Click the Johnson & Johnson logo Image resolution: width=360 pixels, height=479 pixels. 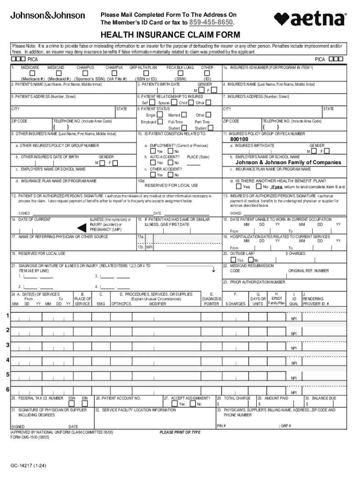point(48,15)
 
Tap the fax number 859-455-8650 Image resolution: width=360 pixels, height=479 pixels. point(211,22)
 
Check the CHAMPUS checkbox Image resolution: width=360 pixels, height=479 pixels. point(85,73)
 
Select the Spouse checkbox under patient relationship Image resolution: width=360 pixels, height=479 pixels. point(173,102)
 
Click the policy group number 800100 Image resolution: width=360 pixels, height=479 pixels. point(239,139)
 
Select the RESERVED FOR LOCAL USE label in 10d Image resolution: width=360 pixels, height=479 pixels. point(178,185)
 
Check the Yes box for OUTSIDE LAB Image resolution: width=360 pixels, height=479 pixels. point(233,260)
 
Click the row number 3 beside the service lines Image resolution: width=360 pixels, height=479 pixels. point(7,345)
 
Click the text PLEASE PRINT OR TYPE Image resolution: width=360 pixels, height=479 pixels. point(180,432)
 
